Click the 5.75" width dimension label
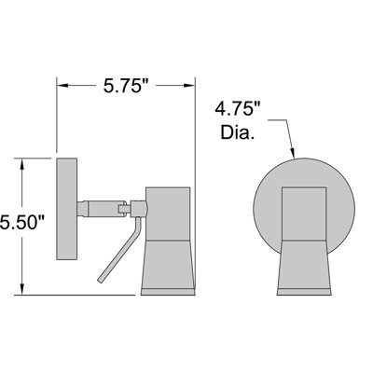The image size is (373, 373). pyautogui.click(x=126, y=86)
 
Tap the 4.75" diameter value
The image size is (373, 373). pyautogui.click(x=238, y=109)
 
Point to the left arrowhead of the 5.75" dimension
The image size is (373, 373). pyautogui.click(x=62, y=85)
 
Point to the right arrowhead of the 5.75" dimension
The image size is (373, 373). pyautogui.click(x=188, y=85)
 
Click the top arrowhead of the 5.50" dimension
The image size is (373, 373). pyautogui.click(x=22, y=164)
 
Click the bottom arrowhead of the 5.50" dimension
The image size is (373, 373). pyautogui.click(x=22, y=288)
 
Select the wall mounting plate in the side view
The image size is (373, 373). pyautogui.click(x=66, y=209)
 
